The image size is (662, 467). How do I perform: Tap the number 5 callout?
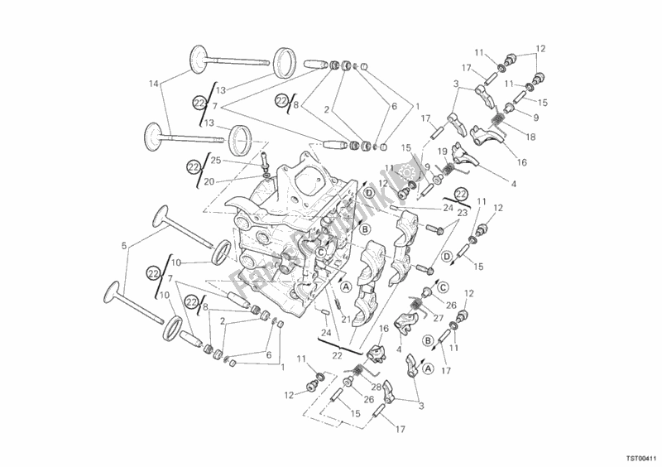click(x=125, y=247)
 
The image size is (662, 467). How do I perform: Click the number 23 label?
click(x=463, y=212)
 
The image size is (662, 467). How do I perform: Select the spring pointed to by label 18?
click(x=500, y=123)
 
